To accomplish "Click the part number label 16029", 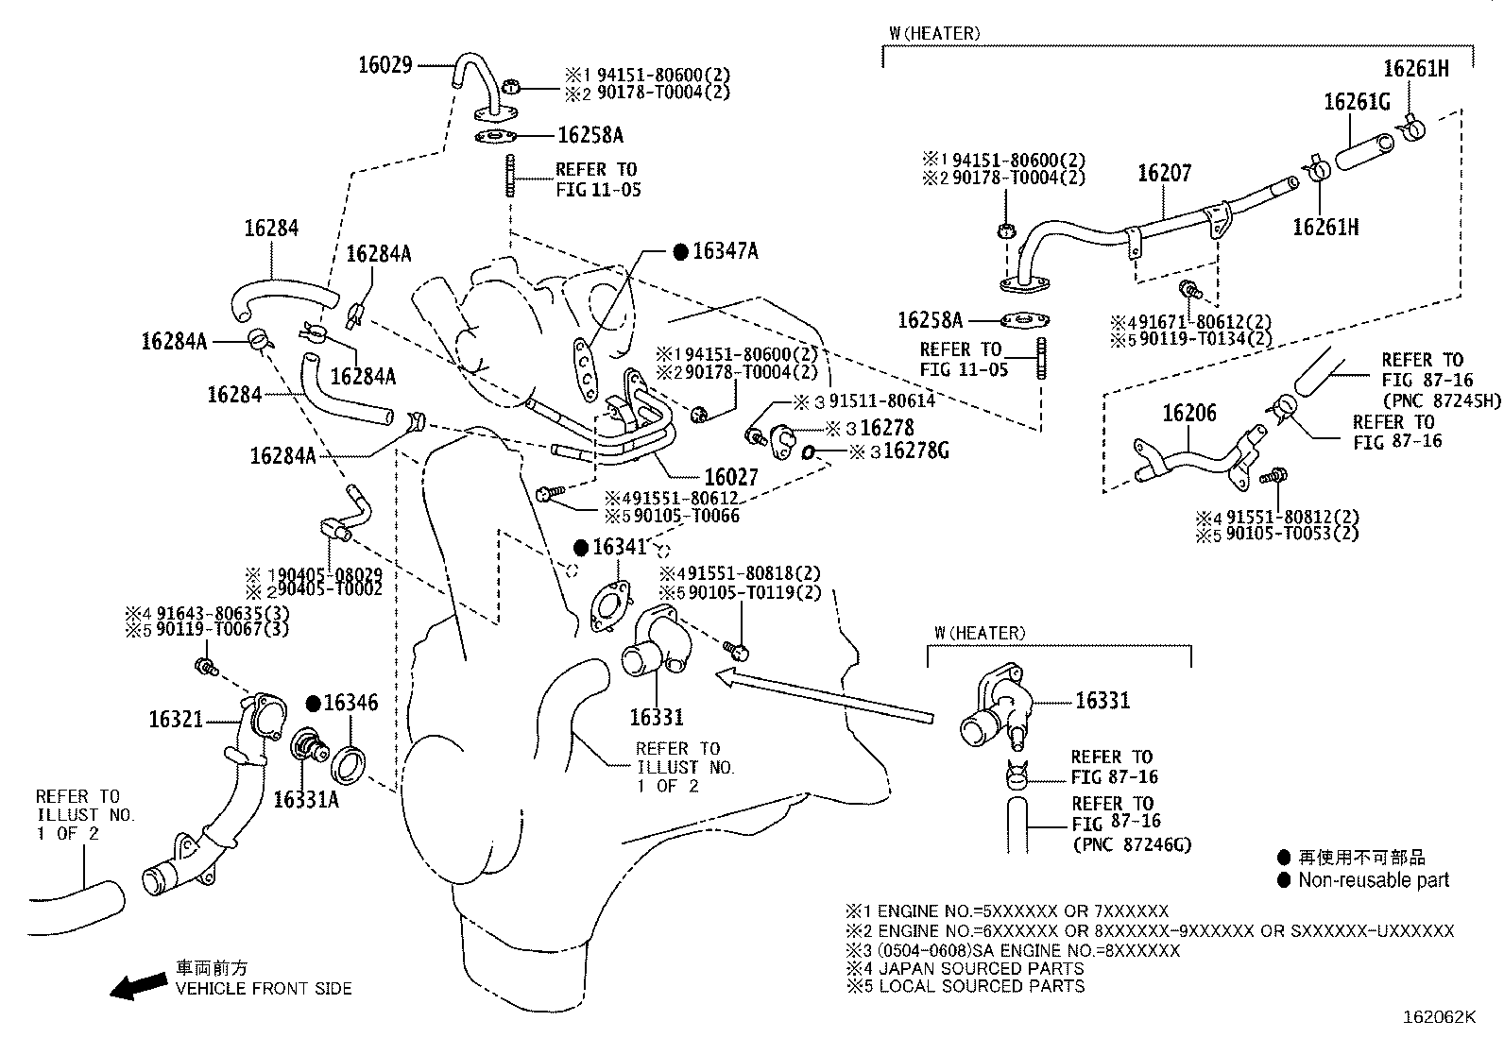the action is pyautogui.click(x=385, y=65).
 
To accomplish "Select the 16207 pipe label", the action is pyautogui.click(x=1164, y=173).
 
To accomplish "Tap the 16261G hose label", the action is pyautogui.click(x=1357, y=102).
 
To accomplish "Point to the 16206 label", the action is pyautogui.click(x=1189, y=413).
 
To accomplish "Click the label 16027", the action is pyautogui.click(x=730, y=477).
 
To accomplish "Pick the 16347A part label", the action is pyautogui.click(x=726, y=251).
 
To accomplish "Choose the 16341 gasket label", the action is pyautogui.click(x=619, y=547).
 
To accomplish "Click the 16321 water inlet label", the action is pyautogui.click(x=175, y=720).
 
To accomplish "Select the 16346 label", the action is pyautogui.click(x=350, y=703).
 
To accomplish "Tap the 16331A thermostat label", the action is pyautogui.click(x=306, y=800).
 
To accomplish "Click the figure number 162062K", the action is pyautogui.click(x=1439, y=1017).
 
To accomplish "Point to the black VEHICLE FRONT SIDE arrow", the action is pyautogui.click(x=139, y=986).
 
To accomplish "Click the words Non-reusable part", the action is pyautogui.click(x=1374, y=880).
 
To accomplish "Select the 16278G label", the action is pyautogui.click(x=916, y=451).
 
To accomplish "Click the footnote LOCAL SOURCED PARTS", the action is pyautogui.click(x=982, y=986).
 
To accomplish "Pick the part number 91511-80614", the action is pyautogui.click(x=881, y=400).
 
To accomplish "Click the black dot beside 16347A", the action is pyautogui.click(x=681, y=252).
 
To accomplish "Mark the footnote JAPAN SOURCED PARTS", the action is pyautogui.click(x=981, y=968).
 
